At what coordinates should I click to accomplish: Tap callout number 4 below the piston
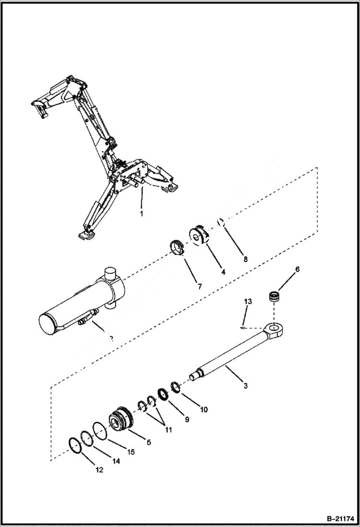223,271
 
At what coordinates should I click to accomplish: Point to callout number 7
199,286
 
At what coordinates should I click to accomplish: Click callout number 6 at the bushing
297,270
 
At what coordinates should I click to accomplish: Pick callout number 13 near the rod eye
248,301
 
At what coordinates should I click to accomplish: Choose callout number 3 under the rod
245,385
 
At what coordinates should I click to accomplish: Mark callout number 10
204,410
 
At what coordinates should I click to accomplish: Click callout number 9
186,419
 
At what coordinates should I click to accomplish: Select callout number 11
169,430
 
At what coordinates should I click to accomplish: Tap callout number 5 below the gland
149,442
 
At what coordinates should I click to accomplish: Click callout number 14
116,461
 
